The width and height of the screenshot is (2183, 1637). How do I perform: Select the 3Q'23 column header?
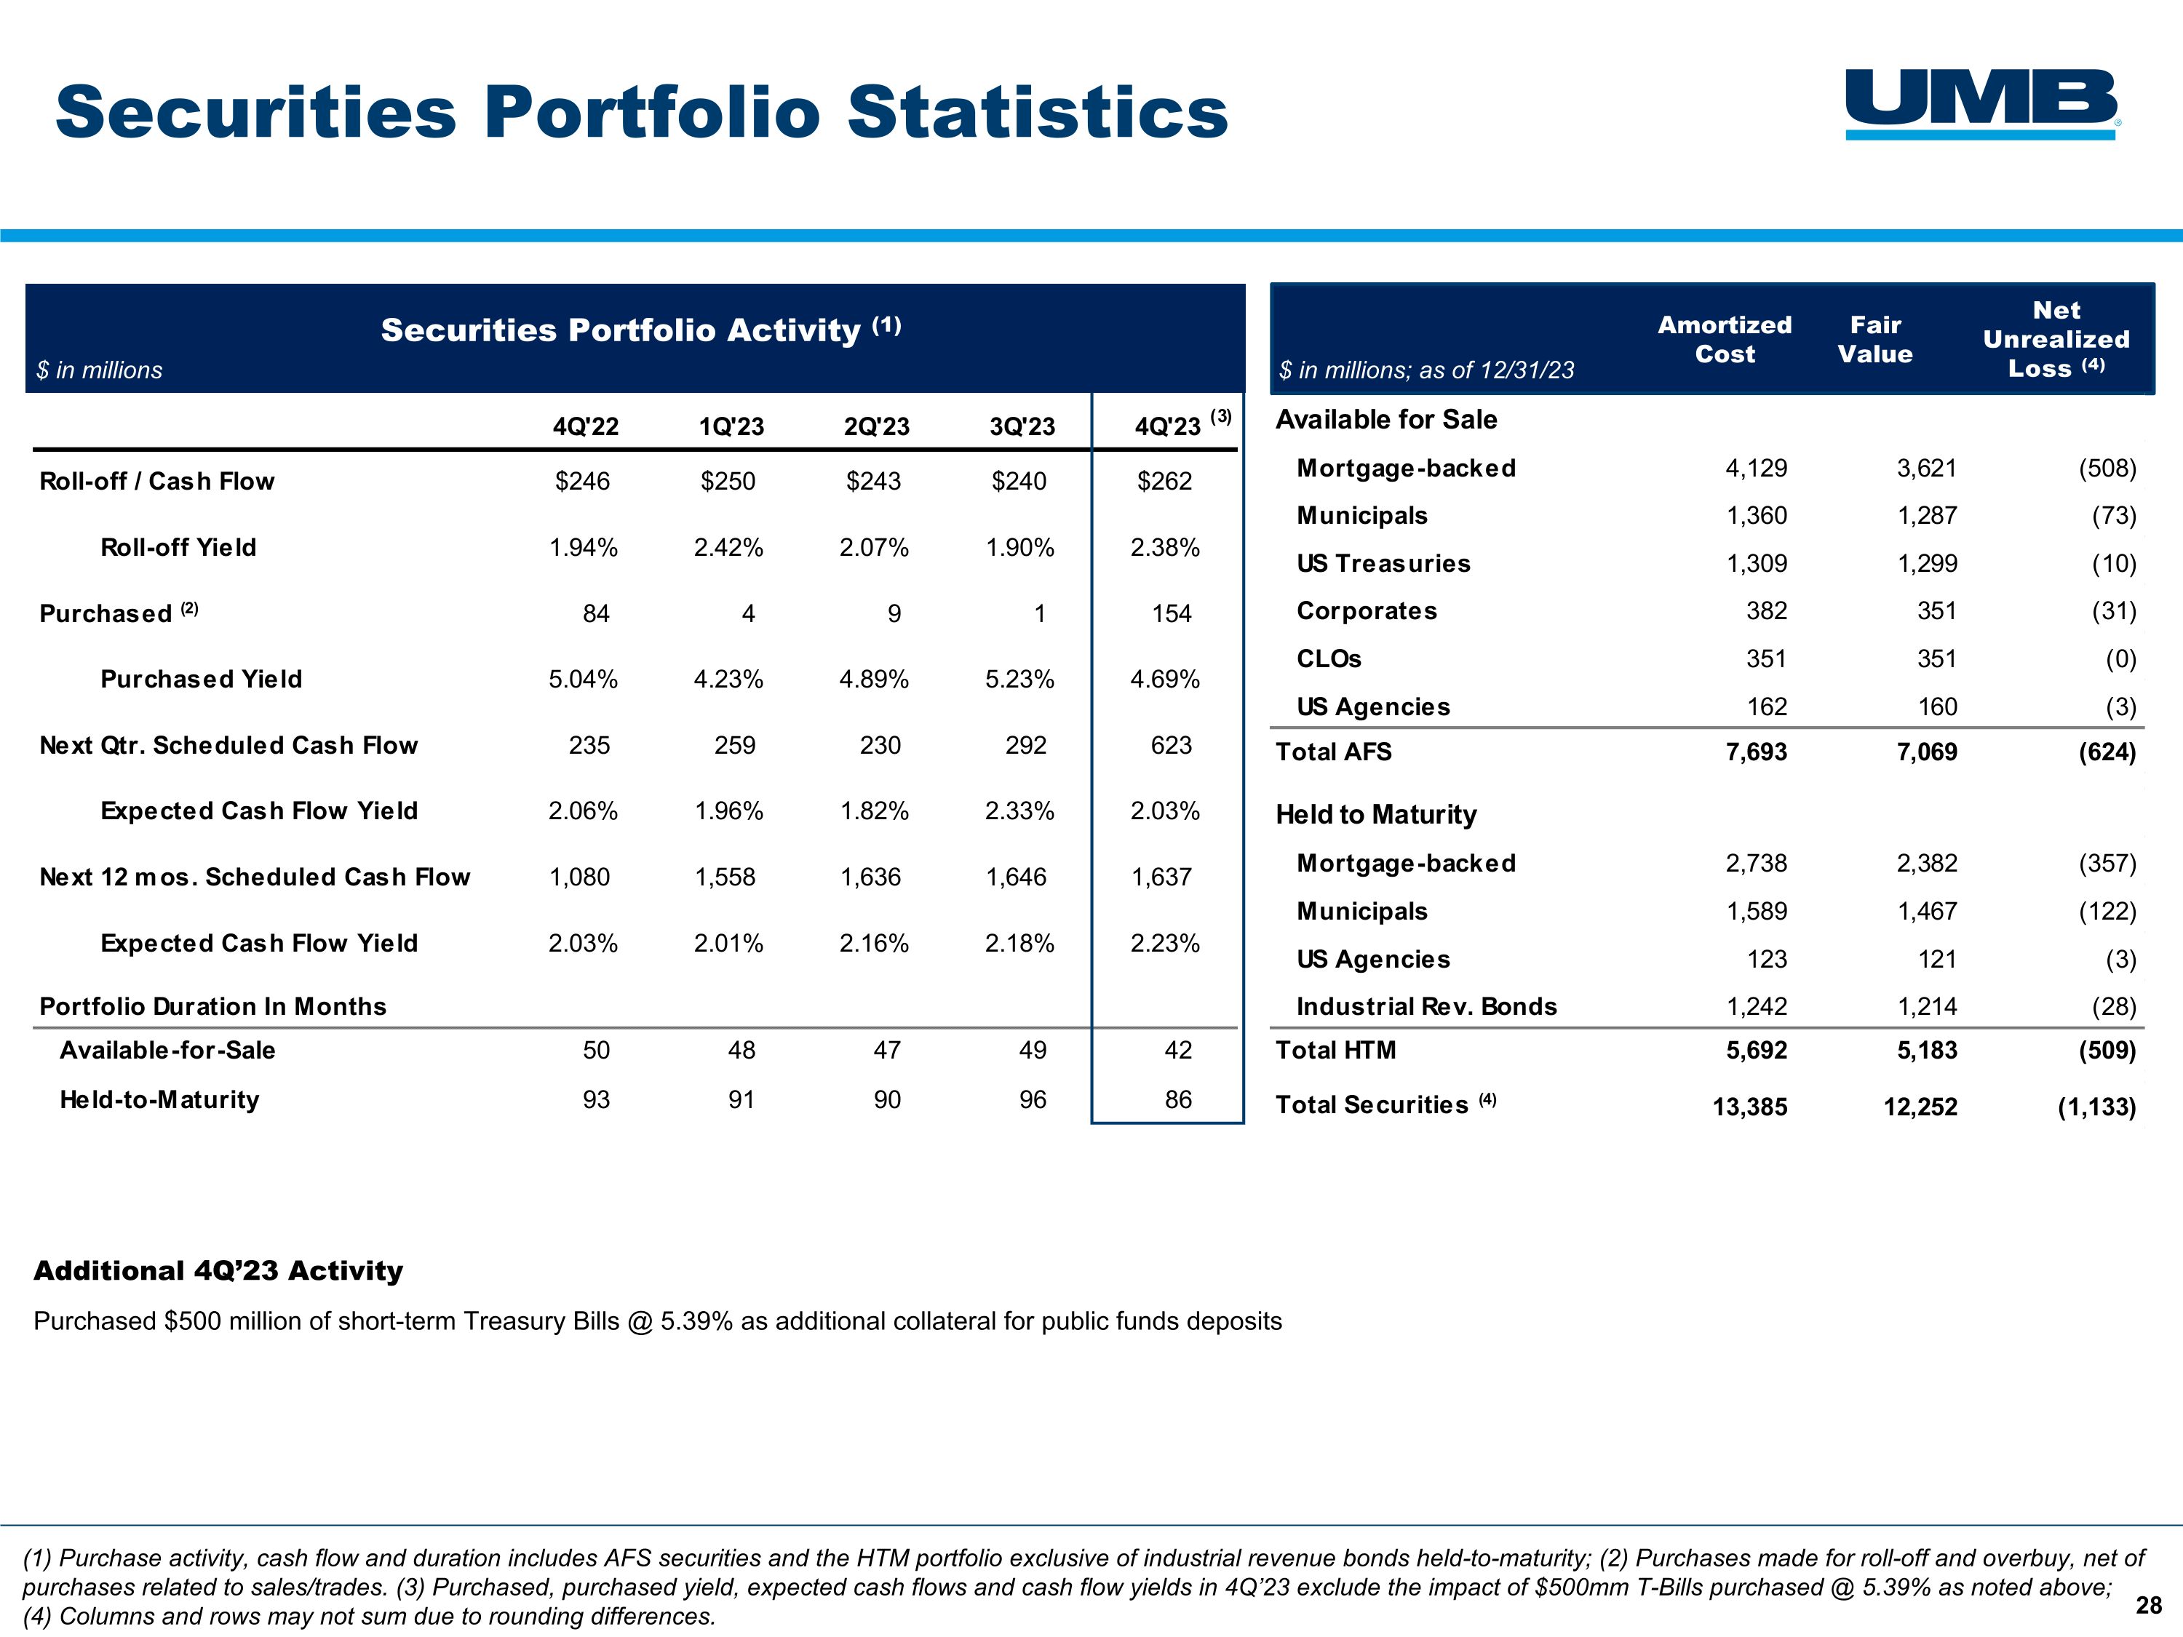point(1022,426)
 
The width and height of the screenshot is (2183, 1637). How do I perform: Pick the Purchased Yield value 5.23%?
point(1019,679)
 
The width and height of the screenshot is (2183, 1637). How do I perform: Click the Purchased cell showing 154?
point(1172,614)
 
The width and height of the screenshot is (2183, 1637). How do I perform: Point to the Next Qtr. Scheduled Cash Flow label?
point(228,745)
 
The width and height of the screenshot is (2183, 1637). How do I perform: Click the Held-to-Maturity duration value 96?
point(1033,1099)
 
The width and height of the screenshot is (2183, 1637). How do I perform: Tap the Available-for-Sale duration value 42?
point(1177,1050)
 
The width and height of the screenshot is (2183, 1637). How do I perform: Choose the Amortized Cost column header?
point(1724,340)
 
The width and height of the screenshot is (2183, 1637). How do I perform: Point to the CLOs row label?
point(1328,658)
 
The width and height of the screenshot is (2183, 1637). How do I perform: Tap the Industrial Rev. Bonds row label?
point(1426,1006)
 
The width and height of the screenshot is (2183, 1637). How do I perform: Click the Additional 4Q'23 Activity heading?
point(218,1271)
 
